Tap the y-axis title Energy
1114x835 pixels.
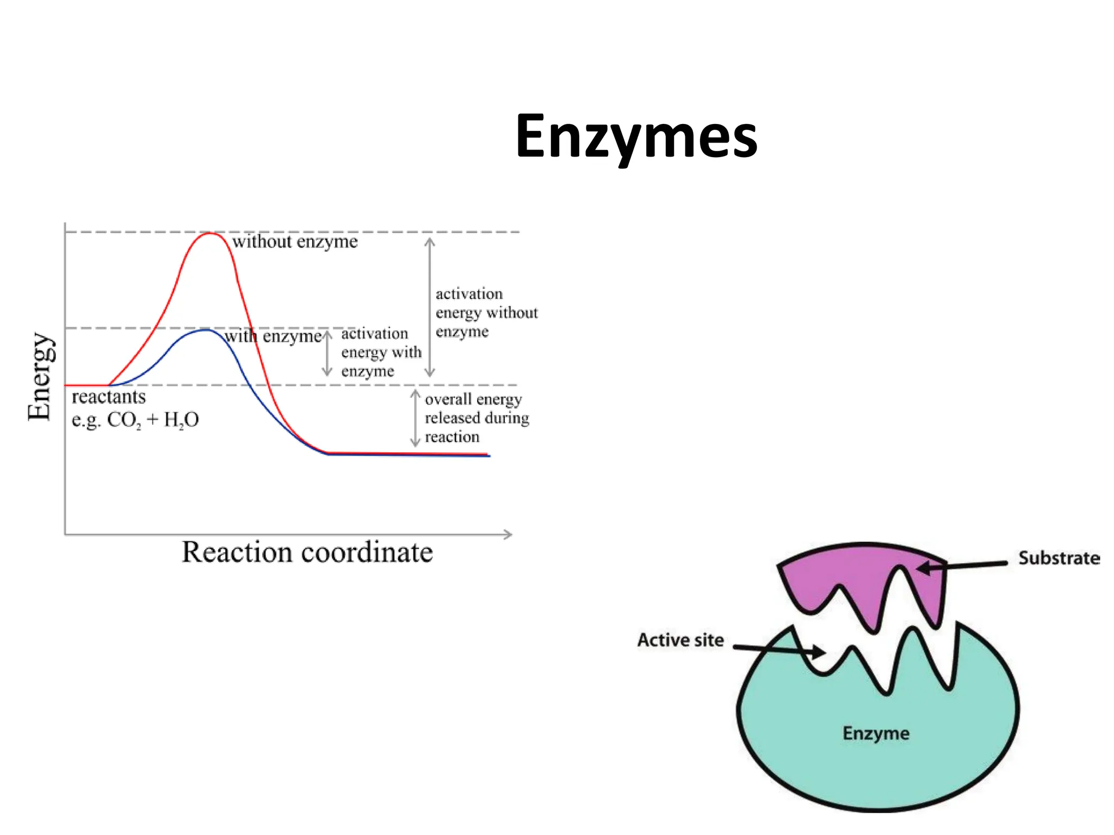pyautogui.click(x=41, y=376)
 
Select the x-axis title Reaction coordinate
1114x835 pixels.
pyautogui.click(x=307, y=552)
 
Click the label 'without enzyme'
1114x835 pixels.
pyautogui.click(x=295, y=241)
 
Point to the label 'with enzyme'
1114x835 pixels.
pyautogui.click(x=273, y=337)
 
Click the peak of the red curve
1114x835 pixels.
pyautogui.click(x=210, y=233)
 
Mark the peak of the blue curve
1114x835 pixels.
pyautogui.click(x=205, y=330)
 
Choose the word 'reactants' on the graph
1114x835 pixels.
pyautogui.click(x=109, y=397)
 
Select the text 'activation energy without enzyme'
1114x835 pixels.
pyautogui.click(x=486, y=313)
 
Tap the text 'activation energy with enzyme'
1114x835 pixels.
pyautogui.click(x=381, y=352)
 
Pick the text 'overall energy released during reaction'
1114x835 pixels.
pyautogui.click(x=476, y=418)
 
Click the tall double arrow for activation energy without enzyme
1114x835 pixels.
pyautogui.click(x=430, y=307)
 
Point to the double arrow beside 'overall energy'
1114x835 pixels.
pyautogui.click(x=415, y=418)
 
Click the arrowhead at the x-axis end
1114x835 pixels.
pyautogui.click(x=508, y=534)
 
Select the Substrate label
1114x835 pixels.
pyautogui.click(x=1059, y=558)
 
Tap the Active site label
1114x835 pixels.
pyautogui.click(x=680, y=640)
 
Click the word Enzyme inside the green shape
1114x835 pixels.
pyautogui.click(x=876, y=733)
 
